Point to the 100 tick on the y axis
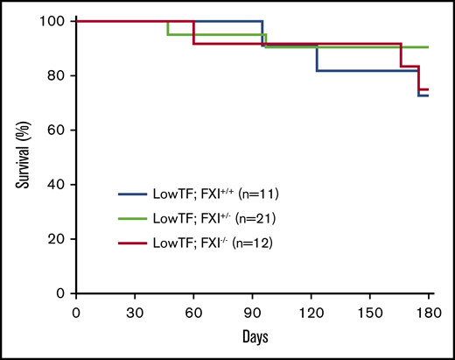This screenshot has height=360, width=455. pyautogui.click(x=55, y=21)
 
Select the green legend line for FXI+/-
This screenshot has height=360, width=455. pyautogui.click(x=138, y=215)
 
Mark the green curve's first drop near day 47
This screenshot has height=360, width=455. pyautogui.click(x=167, y=27)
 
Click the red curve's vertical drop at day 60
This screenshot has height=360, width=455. pyautogui.click(x=193, y=32)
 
